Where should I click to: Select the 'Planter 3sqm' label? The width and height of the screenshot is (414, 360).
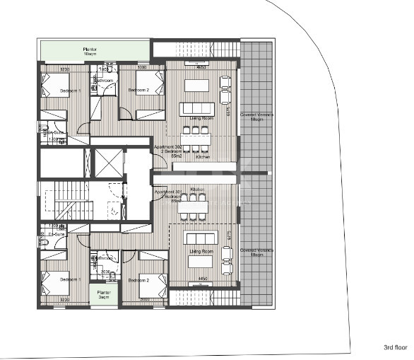point(104,294)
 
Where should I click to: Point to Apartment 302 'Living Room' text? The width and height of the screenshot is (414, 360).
point(197,118)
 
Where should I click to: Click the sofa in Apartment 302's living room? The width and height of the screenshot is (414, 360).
point(196,109)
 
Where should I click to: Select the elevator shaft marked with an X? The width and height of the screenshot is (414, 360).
point(108,163)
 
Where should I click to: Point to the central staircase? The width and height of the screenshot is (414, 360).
point(73,201)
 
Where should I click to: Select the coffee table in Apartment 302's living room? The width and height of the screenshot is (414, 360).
point(196,85)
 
